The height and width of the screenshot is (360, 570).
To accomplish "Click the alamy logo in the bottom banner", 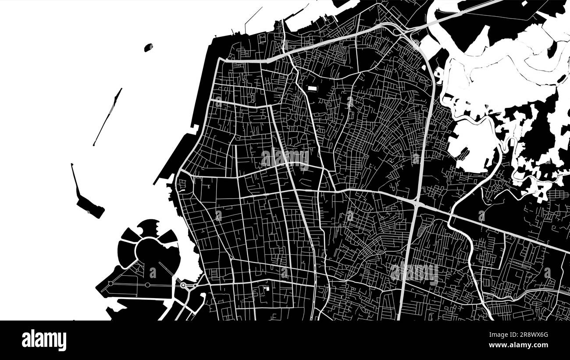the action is (44, 340).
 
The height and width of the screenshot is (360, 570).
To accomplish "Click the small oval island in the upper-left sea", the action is (149, 47).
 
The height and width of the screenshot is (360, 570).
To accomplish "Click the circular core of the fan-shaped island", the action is (150, 252).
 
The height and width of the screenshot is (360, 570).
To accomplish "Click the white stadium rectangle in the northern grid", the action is (312, 89).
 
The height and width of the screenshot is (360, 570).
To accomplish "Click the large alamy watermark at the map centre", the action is (285, 158).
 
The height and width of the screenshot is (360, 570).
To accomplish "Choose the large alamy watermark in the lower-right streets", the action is (414, 273).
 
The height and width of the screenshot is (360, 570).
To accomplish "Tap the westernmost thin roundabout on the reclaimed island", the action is (110, 284).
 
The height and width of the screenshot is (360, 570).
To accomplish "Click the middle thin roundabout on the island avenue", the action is (147, 285).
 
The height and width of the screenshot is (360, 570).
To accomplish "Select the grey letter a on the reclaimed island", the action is (153, 273).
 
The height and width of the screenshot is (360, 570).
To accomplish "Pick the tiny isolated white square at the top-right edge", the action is (524, 4).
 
